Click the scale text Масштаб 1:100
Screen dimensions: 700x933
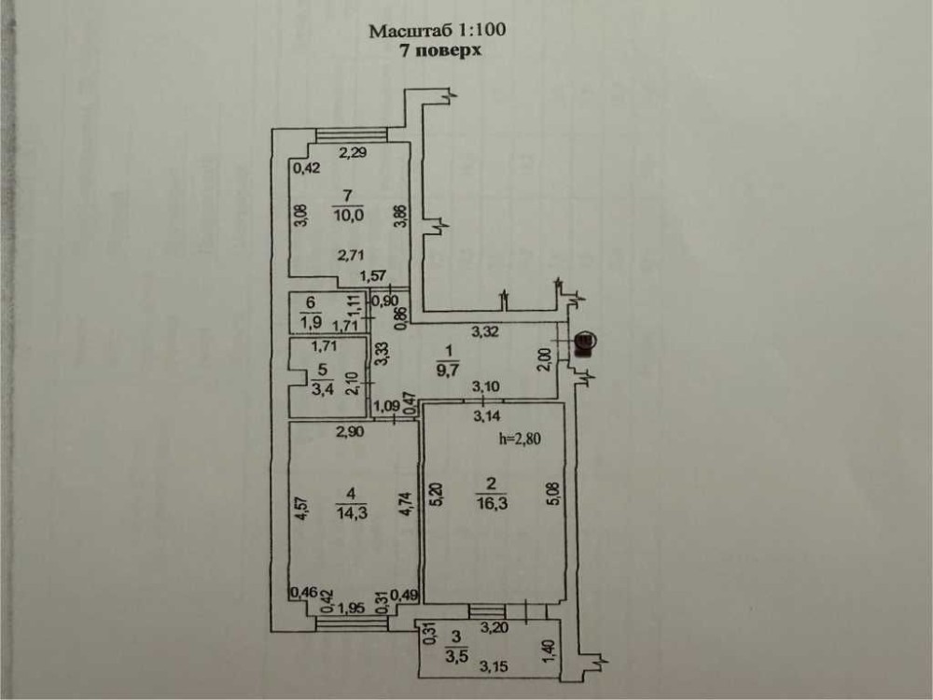point(437,31)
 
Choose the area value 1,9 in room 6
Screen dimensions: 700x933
point(310,325)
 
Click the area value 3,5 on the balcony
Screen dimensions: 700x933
point(456,655)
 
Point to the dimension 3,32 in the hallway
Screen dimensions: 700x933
point(483,330)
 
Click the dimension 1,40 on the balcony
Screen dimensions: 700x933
point(549,645)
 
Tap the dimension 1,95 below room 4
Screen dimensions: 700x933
point(351,609)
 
